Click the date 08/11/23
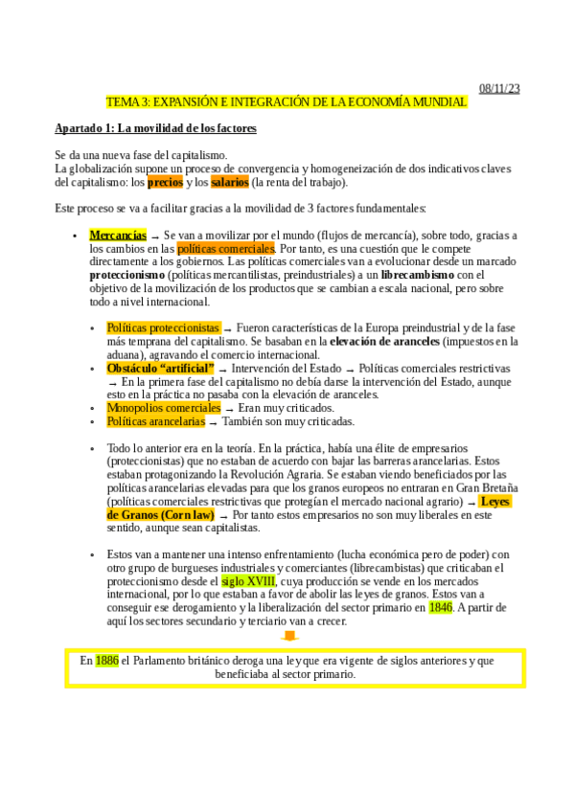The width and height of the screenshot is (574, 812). click(499, 88)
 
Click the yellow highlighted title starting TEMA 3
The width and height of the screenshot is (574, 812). click(287, 101)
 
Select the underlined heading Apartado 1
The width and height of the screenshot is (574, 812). click(155, 128)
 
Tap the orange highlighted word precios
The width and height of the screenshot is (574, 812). click(166, 182)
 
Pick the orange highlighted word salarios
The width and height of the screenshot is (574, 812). click(229, 182)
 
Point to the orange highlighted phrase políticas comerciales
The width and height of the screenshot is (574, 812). click(226, 247)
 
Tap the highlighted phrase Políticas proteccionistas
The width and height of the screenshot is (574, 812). click(163, 327)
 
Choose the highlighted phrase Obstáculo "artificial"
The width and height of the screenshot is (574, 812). click(160, 368)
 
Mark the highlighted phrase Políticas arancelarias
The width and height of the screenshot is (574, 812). click(156, 421)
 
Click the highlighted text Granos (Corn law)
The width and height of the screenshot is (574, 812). click(160, 514)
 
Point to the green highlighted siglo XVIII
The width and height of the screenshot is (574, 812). click(248, 580)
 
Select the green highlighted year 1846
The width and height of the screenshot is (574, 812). click(441, 607)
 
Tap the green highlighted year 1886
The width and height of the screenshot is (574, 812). click(107, 661)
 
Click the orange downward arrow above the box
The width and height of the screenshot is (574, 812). click(291, 636)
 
